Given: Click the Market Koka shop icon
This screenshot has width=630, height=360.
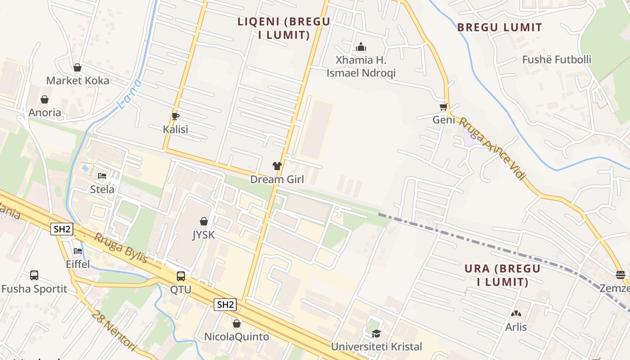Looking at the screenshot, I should (x=77, y=68).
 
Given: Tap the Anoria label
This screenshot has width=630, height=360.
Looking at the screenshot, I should (x=45, y=112).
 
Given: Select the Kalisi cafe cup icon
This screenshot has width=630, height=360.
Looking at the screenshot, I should (x=175, y=117).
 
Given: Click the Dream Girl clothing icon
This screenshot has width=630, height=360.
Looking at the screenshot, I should (x=277, y=166).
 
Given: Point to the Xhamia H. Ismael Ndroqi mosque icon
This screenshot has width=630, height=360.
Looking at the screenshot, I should (x=361, y=47).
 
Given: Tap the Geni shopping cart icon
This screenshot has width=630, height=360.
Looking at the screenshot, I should (x=444, y=107).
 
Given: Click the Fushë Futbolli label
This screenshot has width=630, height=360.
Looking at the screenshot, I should (x=557, y=59).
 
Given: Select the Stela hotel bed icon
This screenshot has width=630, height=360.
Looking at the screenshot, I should (x=102, y=176).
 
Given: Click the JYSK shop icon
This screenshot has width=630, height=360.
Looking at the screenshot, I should (x=204, y=221).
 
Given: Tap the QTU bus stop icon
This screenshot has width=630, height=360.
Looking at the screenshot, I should (x=181, y=276).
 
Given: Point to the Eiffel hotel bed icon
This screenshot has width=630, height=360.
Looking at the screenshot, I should (x=78, y=251).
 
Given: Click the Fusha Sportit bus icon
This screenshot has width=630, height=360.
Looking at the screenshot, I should (x=34, y=275).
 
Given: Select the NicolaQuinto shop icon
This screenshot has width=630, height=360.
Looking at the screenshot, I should (x=237, y=324).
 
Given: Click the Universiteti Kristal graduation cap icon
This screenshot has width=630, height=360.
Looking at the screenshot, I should (x=376, y=333).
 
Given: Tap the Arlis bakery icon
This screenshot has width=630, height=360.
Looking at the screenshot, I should (x=516, y=314).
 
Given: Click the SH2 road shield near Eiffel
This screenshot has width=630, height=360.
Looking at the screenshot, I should (x=62, y=229).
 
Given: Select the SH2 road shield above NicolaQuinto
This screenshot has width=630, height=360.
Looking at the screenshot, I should (x=225, y=305).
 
